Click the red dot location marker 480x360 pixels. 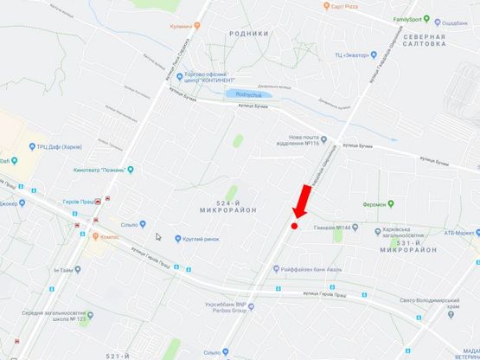tap(294, 226)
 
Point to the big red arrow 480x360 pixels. tap(301, 202)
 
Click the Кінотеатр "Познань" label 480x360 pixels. tap(102, 170)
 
